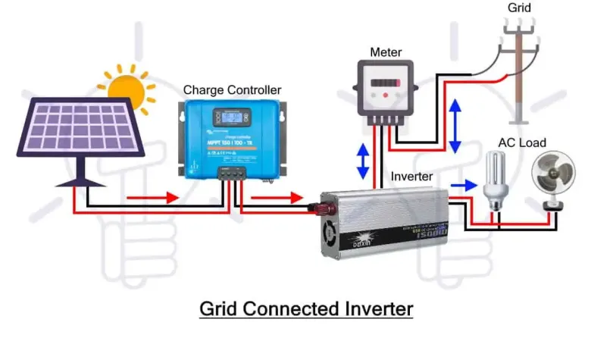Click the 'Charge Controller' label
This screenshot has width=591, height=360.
tap(232, 90)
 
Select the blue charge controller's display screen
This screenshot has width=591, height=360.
tap(230, 118)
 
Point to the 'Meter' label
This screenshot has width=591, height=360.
tap(386, 52)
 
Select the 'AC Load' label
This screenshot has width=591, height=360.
tap(521, 142)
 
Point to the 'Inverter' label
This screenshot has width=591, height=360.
tap(411, 177)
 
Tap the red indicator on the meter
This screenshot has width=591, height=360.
tap(386, 95)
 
